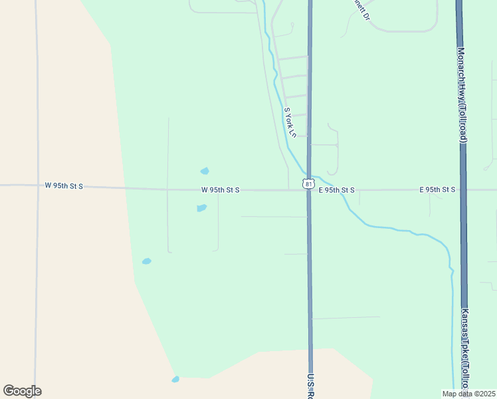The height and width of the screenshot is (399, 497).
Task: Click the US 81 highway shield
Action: tap(308, 184)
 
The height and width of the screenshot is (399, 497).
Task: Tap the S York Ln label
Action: tap(289, 123)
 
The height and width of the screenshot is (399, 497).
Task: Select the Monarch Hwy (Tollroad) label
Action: tap(462, 94)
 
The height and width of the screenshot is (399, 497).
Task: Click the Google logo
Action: tap(22, 391)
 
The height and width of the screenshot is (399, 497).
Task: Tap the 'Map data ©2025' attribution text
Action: tap(468, 394)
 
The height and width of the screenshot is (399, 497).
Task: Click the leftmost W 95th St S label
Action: tap(64, 186)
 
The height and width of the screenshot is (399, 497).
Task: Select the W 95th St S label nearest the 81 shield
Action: tap(220, 190)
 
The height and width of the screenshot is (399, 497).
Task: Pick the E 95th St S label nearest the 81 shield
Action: tap(336, 190)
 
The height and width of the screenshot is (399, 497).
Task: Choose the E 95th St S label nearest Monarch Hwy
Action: tap(437, 190)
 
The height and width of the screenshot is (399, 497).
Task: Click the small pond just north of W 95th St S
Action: tap(205, 171)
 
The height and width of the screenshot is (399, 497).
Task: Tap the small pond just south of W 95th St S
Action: tap(201, 208)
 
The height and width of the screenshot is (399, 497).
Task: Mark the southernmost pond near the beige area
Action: tap(175, 379)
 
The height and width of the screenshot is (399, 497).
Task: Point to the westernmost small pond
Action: tap(146, 261)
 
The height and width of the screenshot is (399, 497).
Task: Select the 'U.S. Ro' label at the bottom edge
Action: tap(310, 386)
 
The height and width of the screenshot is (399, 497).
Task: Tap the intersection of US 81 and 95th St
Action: tap(309, 190)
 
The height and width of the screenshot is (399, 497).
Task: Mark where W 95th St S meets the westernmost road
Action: tap(37, 186)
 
